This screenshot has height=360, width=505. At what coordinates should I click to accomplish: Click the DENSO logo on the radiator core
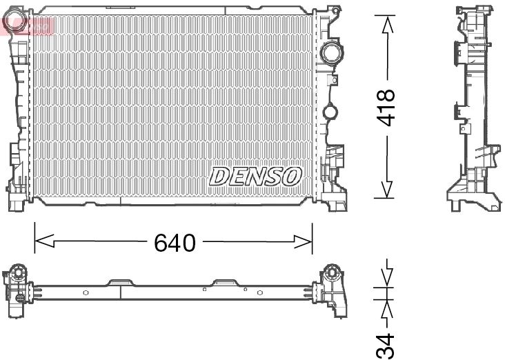[255, 176]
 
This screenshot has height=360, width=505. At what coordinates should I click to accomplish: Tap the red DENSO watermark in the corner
[28, 26]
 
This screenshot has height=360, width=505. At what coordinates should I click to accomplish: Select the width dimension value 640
[175, 242]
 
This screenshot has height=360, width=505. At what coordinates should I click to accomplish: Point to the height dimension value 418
[387, 108]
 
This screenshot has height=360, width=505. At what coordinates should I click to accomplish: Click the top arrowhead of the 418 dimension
[387, 23]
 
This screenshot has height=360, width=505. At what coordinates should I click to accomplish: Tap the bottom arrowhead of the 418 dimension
[387, 189]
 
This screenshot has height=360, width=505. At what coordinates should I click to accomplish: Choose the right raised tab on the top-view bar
[225, 282]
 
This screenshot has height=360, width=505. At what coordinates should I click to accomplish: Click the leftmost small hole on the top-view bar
[86, 292]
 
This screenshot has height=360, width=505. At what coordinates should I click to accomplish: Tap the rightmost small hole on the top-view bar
[259, 292]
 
